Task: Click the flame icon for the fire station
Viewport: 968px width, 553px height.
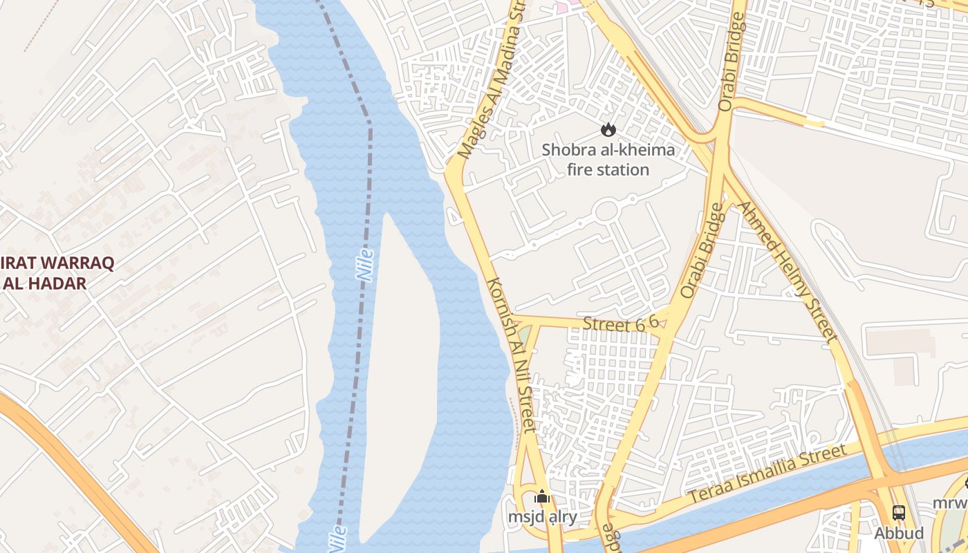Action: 608,129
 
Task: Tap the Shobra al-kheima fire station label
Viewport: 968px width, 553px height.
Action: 608,160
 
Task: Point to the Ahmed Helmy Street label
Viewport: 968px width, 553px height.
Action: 788,272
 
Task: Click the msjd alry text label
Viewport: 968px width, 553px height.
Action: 542,516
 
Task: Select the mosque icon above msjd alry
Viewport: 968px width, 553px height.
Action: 542,496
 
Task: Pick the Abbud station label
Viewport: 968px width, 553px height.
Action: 898,533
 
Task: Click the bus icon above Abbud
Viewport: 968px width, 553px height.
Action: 898,513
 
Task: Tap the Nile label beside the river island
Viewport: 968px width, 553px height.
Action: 365,265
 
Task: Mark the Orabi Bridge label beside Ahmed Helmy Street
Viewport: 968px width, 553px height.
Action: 702,250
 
